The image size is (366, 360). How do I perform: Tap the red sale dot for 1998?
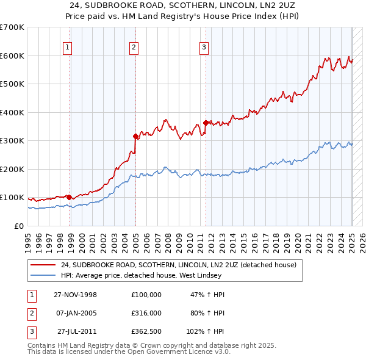(70, 197)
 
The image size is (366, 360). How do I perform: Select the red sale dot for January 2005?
(135, 136)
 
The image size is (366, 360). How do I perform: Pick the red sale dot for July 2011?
(206, 123)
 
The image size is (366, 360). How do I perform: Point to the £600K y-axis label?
(12, 56)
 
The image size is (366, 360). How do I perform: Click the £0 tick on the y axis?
(20, 226)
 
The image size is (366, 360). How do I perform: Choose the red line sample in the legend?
(43, 265)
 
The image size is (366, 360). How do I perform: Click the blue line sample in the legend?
(43, 275)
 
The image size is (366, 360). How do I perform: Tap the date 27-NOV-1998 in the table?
(76, 295)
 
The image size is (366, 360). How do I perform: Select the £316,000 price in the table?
(146, 313)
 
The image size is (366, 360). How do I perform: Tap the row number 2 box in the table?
(30, 313)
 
